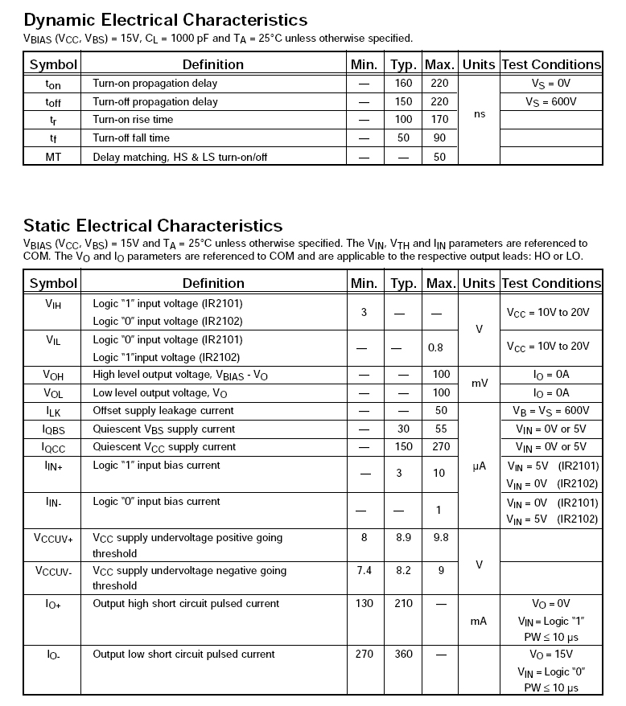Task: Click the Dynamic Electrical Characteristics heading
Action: click(165, 19)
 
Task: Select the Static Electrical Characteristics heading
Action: click(153, 225)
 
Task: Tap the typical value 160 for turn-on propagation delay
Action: click(403, 83)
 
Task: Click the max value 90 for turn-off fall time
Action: click(439, 138)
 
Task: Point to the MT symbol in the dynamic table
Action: click(52, 157)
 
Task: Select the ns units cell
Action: click(480, 114)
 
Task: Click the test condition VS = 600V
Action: click(551, 101)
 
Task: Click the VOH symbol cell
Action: click(52, 375)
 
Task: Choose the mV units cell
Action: click(480, 384)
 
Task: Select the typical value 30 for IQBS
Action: click(403, 429)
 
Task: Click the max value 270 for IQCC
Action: click(439, 447)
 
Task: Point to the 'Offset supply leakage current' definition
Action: click(163, 411)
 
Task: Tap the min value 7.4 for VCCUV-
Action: click(364, 571)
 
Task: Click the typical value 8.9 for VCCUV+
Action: click(403, 538)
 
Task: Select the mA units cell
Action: click(480, 621)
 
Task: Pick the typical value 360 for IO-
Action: click(403, 655)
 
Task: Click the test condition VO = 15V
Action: click(551, 655)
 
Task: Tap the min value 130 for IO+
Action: click(364, 604)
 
